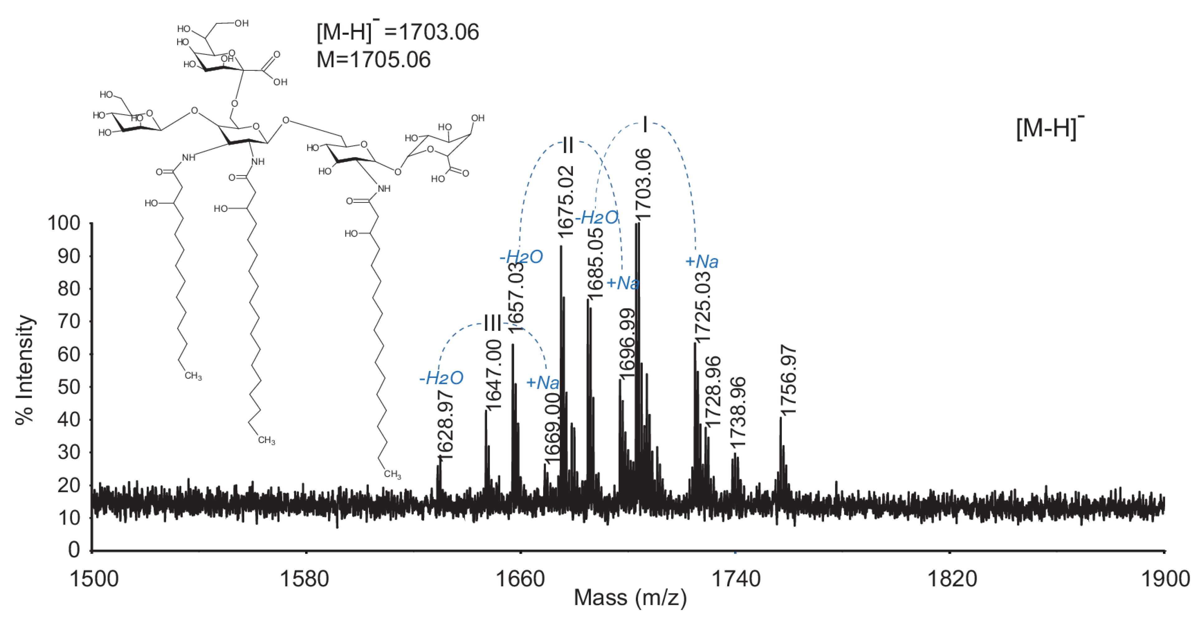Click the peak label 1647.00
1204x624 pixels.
(494, 374)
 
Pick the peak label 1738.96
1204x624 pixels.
(738, 413)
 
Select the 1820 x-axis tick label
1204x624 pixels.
(952, 579)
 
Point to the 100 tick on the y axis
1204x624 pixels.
(64, 223)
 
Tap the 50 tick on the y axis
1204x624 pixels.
(69, 387)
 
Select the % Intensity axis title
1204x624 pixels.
(25, 369)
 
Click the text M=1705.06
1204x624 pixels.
(373, 60)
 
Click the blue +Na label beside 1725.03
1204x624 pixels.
(702, 261)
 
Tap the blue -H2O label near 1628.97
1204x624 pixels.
(441, 378)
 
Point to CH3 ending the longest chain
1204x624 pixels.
(392, 474)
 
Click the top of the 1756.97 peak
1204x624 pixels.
(780, 417)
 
